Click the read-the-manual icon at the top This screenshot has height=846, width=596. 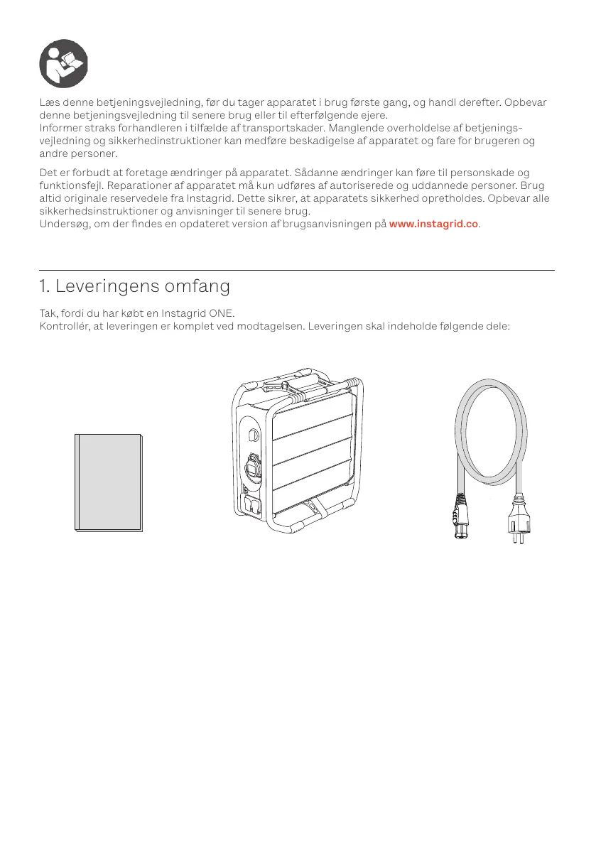pos(63,63)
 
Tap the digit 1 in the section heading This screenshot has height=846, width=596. pos(43,287)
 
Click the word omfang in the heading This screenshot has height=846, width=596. pos(197,287)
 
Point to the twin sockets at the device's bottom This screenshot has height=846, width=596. pos(252,506)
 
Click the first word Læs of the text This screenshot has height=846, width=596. pos(48,102)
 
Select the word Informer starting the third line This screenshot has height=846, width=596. pos(63,128)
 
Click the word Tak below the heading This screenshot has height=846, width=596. pos(48,314)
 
